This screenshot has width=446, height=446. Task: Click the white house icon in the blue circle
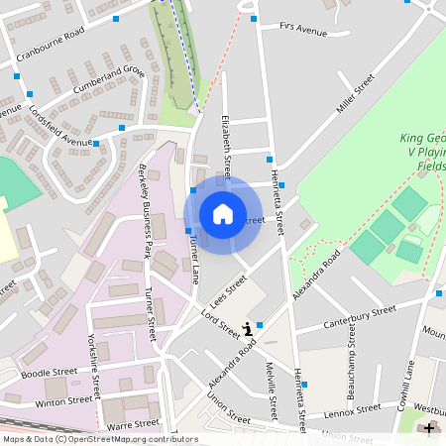[x=223, y=214]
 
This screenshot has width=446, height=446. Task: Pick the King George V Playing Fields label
[x=422, y=153]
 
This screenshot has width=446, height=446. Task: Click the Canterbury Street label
[x=359, y=318]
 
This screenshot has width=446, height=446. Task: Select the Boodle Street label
[x=49, y=373]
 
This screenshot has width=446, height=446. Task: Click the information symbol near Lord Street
[x=248, y=328]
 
